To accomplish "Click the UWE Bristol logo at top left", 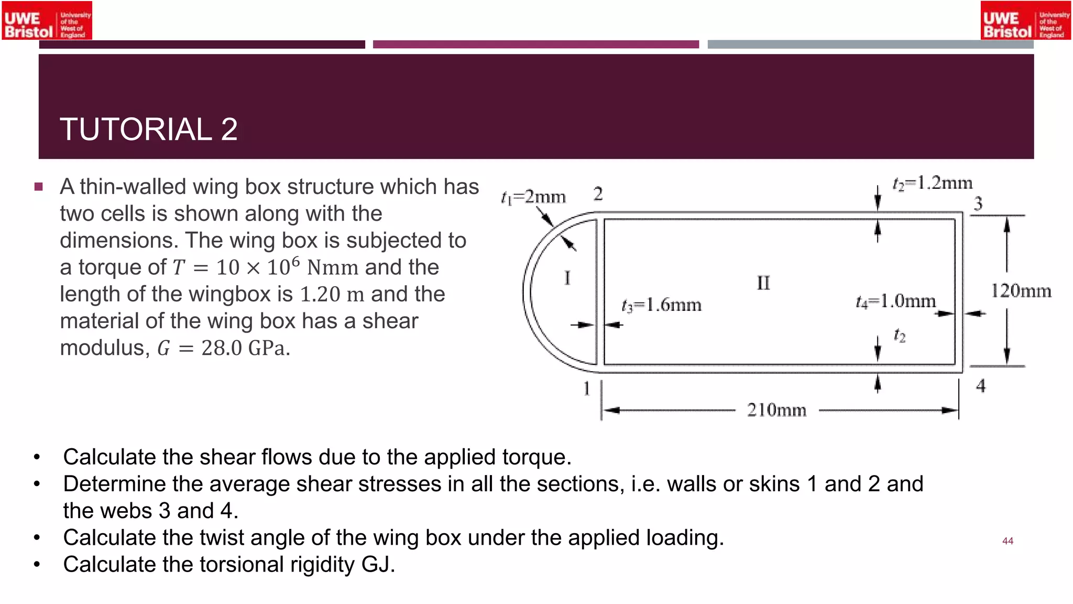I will coord(47,21).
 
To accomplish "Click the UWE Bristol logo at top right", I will coord(1025,21).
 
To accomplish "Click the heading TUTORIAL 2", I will coord(149,129).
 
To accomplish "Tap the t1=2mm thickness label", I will coord(533,197).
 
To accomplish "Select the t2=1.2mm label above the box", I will coord(932,183).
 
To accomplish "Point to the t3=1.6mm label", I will coord(661,305).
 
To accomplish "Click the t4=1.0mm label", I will coord(895,301).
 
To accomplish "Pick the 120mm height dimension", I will coord(1021,290).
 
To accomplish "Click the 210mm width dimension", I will coord(776,409).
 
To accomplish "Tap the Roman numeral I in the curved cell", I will coord(567,278).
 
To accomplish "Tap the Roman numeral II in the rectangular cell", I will coord(763,283).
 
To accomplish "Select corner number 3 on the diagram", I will coord(978,203).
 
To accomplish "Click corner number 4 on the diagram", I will coord(981,386).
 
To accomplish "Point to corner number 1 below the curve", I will coord(586,389).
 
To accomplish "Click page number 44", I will coord(1008,541).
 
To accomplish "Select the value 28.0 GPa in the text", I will coord(245,348).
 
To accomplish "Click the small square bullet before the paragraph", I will coord(38,187).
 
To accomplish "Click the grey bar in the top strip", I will coord(870,45).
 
